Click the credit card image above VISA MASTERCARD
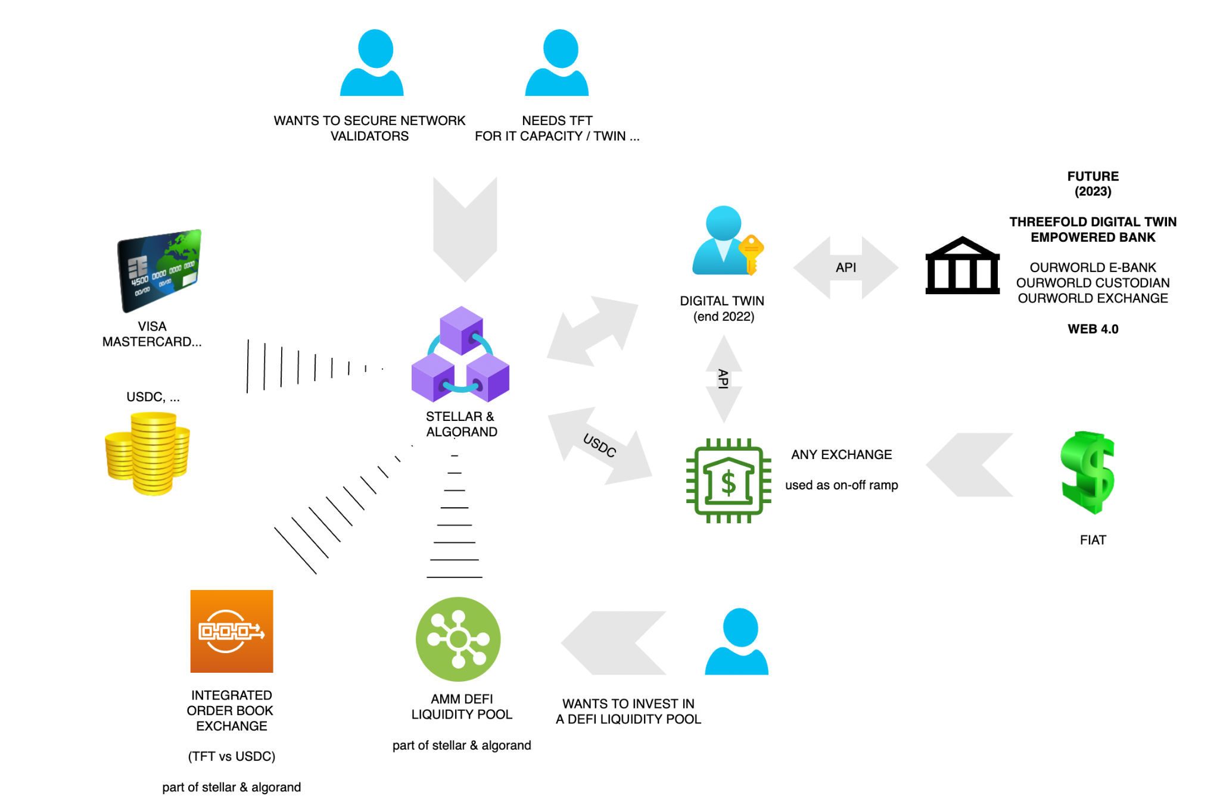point(160,270)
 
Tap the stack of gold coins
point(148,454)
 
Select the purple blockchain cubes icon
point(460,355)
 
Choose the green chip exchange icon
point(728,480)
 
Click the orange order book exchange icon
point(231,631)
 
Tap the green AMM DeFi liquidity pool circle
point(458,639)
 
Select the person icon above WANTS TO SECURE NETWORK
point(372,63)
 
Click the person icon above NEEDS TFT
point(557,63)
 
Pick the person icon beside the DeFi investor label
point(737,642)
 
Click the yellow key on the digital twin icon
point(751,252)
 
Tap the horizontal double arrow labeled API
point(846,267)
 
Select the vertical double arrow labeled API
point(724,379)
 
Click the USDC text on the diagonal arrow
point(599,445)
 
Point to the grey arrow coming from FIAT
point(969,464)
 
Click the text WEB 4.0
point(1093,329)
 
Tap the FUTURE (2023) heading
point(1093,183)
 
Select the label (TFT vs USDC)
point(232,756)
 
